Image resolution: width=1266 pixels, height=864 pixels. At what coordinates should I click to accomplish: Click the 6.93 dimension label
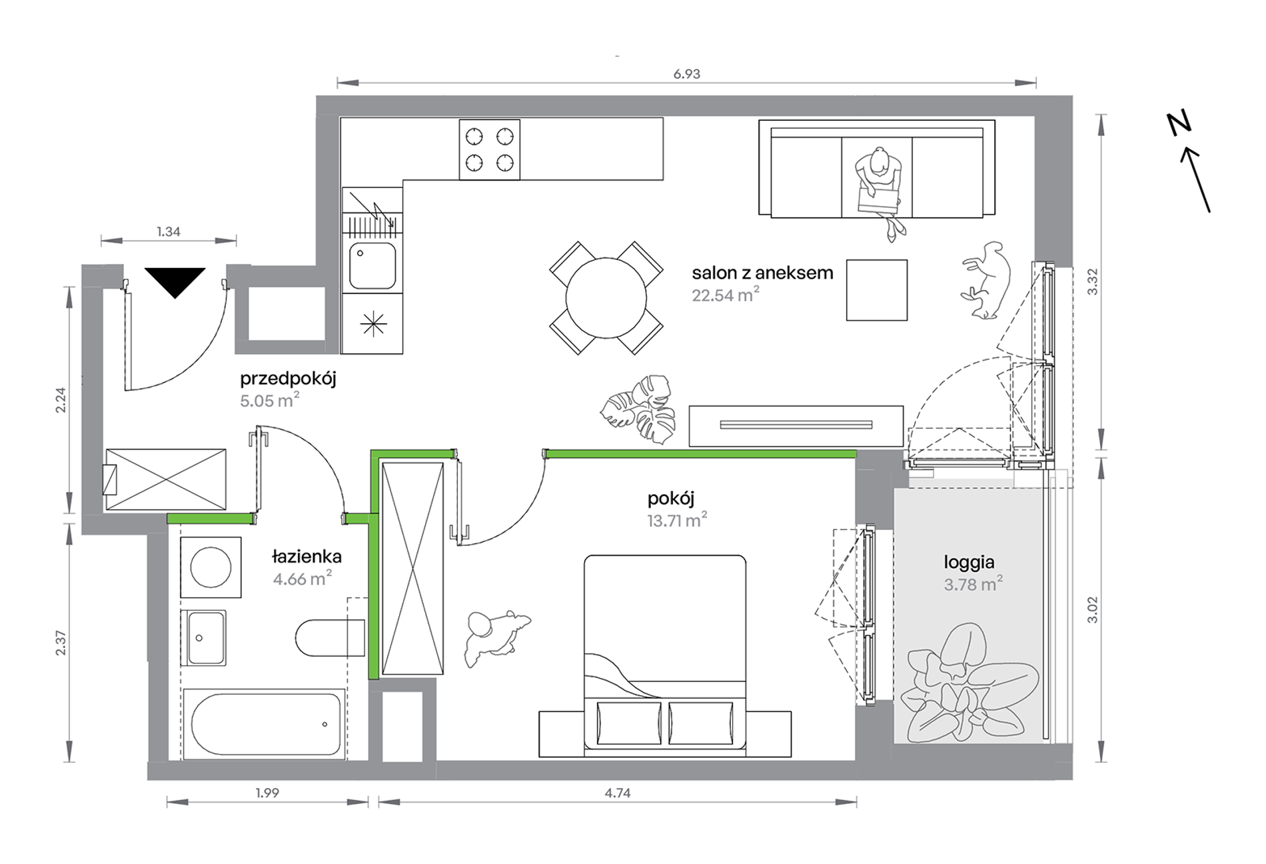[686, 74]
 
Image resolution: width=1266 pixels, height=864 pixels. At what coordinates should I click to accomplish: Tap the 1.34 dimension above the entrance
[169, 232]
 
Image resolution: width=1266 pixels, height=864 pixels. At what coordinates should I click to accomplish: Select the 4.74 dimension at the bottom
[618, 793]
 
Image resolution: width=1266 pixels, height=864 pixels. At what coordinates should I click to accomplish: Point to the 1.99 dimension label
[267, 793]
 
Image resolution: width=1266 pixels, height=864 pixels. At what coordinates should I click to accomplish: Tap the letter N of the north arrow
[1179, 124]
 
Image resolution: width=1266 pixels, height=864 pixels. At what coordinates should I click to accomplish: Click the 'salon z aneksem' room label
[762, 273]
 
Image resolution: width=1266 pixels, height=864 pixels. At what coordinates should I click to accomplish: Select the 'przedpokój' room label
[288, 379]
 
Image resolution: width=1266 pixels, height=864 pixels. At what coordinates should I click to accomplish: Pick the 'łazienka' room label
[307, 556]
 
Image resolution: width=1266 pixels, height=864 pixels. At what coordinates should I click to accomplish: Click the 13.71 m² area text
[677, 520]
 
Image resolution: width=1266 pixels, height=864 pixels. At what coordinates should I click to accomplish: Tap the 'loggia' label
[969, 563]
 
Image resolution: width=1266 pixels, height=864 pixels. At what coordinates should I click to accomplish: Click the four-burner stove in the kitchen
[490, 149]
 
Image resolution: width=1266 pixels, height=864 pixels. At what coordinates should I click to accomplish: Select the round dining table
[606, 298]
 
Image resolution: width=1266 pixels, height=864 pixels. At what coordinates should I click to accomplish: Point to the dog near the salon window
[985, 280]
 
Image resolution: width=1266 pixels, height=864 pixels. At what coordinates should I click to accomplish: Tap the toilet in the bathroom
[330, 638]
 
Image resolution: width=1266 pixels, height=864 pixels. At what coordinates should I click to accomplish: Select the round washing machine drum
[211, 567]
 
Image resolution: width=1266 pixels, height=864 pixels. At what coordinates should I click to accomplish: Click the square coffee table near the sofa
[877, 290]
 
